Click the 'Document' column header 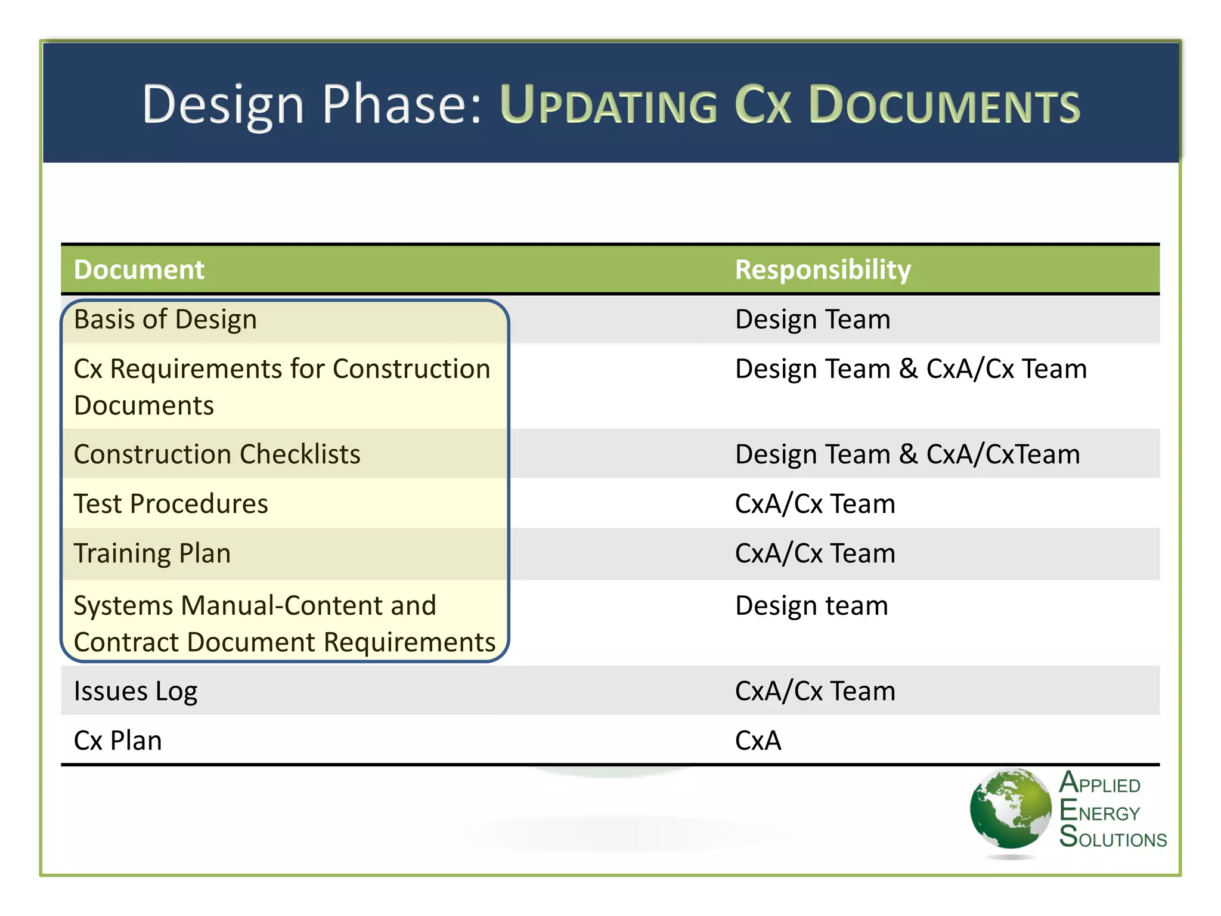139,270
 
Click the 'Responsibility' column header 823,270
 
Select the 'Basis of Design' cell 165,320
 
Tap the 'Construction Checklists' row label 217,454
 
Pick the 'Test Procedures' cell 171,504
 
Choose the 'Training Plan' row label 152,553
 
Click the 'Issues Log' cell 135,691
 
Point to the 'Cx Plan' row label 117,741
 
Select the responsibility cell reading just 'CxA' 758,741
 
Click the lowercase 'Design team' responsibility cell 811,606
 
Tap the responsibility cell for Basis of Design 813,320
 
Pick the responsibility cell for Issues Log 815,691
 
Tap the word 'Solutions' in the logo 1112,837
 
